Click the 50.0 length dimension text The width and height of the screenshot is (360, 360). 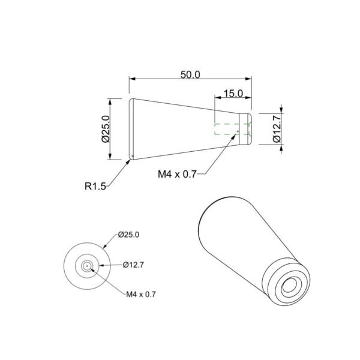coord(190,75)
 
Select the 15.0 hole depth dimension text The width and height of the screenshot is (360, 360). coord(233,94)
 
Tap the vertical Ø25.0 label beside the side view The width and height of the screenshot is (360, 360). coord(106,129)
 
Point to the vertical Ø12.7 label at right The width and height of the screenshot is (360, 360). coord(277,129)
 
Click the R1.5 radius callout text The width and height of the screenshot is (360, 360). coord(95,186)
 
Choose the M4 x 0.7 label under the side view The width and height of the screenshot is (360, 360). coord(177,174)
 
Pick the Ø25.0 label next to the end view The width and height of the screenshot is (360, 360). coord(128,235)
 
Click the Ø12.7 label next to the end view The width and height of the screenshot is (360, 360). coord(133,265)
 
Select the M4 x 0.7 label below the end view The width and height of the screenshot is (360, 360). coord(141,294)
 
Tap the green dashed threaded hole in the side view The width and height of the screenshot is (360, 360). coord(232,129)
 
